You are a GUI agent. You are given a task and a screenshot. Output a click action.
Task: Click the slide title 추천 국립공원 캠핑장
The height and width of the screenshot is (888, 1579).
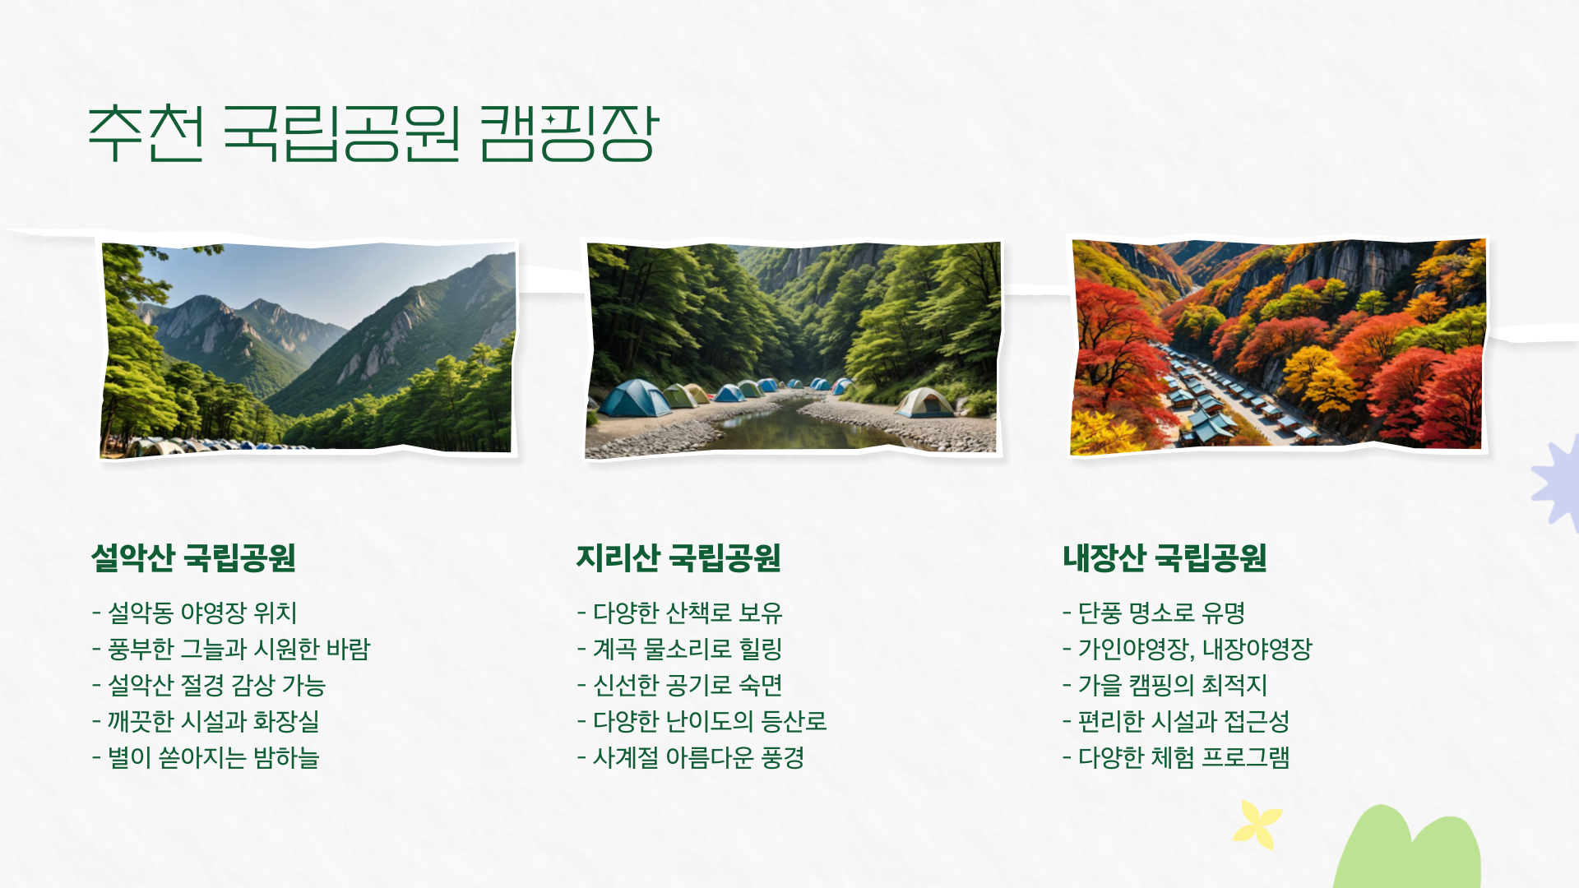373,133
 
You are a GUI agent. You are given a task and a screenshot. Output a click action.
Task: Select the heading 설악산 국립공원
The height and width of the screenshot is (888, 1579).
193,557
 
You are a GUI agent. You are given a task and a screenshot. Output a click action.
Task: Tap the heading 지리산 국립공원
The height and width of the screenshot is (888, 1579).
678,557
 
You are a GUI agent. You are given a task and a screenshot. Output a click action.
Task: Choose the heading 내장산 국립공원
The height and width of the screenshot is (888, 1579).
1165,557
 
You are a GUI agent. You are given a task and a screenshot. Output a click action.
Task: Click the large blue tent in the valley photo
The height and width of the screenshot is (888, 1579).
635,400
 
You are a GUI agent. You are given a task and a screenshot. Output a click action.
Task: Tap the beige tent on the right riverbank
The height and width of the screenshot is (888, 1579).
924,403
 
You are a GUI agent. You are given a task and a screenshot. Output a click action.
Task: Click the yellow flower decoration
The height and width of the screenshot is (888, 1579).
1257,824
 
